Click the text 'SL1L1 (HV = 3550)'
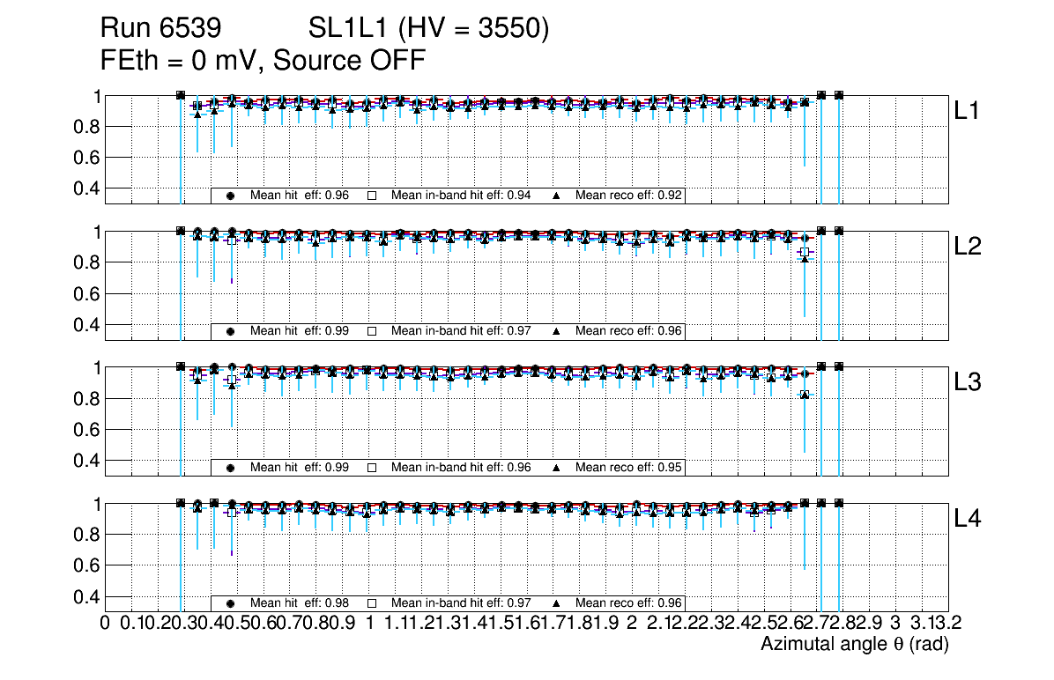[429, 30]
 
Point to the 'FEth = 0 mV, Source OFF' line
[263, 62]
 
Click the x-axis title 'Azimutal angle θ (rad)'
[854, 645]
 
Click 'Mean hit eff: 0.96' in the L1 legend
[300, 196]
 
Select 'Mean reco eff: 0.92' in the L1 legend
[629, 196]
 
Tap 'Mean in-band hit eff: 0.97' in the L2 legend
[461, 331]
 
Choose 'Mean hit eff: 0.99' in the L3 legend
[300, 467]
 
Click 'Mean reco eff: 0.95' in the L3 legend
[629, 467]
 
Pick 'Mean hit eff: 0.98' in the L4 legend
[300, 603]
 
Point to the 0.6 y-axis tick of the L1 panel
[89, 158]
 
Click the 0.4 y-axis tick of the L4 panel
[89, 596]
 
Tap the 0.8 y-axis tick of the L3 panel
[89, 399]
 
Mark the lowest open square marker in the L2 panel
[804, 252]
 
